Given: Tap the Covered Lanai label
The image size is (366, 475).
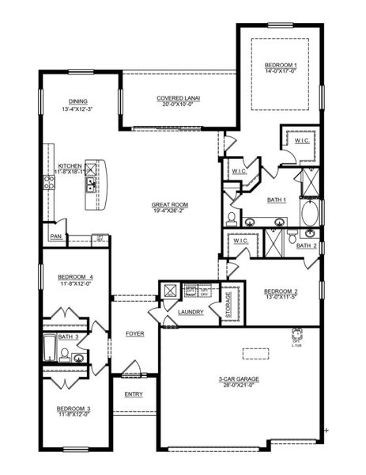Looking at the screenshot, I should pos(179,97).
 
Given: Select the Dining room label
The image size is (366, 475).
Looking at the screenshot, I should pos(77,101).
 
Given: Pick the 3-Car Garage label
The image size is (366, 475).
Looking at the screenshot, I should pos(241,379).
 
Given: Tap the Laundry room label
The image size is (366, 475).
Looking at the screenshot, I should pos(191,312).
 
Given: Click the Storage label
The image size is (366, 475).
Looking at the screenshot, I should pos(229,305).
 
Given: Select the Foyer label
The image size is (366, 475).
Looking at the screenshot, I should pos(135,333).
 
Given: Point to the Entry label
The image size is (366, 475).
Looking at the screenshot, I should pos(134,393).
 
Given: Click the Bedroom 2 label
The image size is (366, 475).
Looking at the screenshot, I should pos(280,291).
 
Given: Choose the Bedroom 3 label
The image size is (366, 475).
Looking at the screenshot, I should pos(73,408).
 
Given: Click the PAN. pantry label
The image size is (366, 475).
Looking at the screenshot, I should pos(56,236).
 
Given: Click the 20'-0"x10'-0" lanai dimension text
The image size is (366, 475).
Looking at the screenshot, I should pos(179,104).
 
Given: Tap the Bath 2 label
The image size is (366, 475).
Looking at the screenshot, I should pos(306,245).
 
